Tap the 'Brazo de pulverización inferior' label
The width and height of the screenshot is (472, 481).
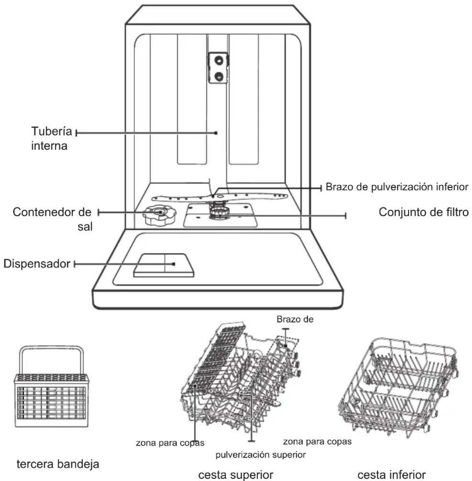(397, 187)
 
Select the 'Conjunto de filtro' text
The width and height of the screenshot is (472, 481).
(423, 212)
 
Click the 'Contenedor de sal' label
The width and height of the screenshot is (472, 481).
(53, 219)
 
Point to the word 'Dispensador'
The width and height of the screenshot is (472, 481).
(37, 264)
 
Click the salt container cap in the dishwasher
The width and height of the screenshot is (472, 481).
(159, 215)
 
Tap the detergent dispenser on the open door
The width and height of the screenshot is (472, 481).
(164, 266)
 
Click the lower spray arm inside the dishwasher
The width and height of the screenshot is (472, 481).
(220, 197)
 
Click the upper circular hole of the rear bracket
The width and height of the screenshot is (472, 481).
(219, 60)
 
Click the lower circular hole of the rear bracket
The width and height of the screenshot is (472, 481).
(219, 76)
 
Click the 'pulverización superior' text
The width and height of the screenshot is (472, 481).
(261, 455)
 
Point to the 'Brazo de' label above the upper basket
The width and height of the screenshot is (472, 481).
(295, 319)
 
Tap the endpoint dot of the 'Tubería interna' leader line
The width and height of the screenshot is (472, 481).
(216, 133)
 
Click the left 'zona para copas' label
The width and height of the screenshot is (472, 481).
(170, 443)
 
